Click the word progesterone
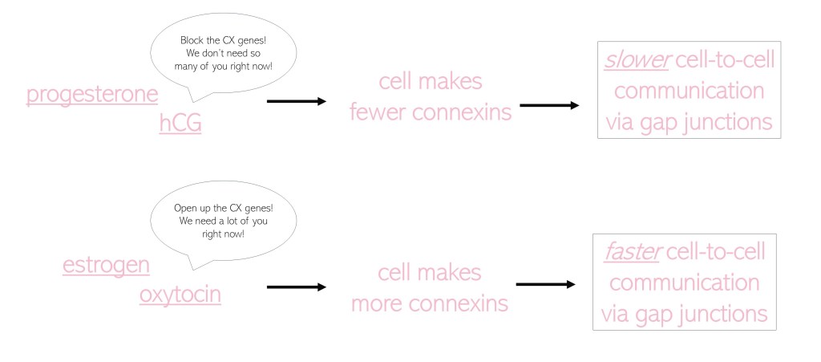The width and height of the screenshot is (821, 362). point(92,95)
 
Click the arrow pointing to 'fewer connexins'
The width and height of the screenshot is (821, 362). point(296,102)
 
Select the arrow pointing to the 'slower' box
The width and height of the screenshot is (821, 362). point(549,105)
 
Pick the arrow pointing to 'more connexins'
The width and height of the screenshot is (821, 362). point(296,287)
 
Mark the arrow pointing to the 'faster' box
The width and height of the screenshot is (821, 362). point(546,284)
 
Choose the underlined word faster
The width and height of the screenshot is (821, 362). point(629,253)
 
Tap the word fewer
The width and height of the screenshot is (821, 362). point(378,112)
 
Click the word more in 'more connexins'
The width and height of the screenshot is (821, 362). point(381,304)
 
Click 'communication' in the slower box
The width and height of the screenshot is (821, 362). point(689,91)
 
